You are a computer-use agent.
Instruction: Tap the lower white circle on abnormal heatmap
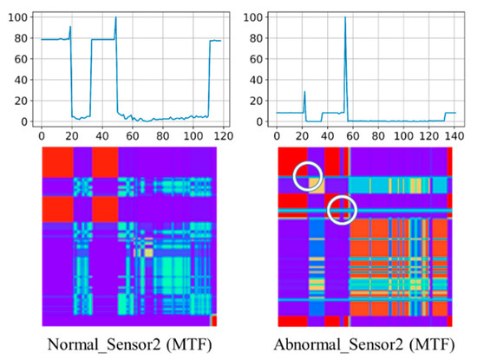(x=342, y=208)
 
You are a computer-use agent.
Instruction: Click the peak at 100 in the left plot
(x=115, y=18)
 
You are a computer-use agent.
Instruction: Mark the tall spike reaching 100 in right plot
(x=345, y=18)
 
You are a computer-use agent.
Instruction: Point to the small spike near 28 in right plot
(x=304, y=92)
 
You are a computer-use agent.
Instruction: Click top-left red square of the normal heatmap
(x=57, y=162)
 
